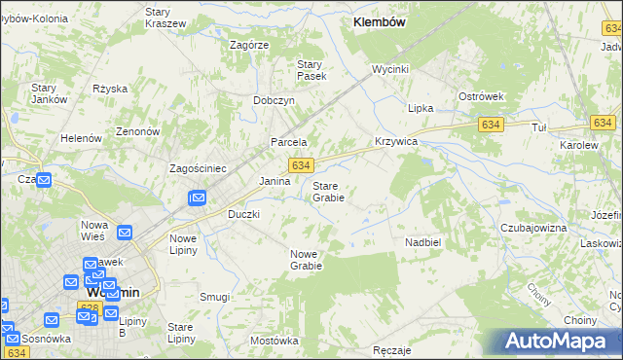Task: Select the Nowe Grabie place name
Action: (x=306, y=259)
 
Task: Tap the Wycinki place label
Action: (x=389, y=69)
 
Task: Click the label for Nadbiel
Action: (x=423, y=241)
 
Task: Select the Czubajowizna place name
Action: (x=533, y=227)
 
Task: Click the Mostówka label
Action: (x=274, y=341)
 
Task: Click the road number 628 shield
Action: (x=89, y=306)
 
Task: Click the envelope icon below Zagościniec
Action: (x=198, y=198)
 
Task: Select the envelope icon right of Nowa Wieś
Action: (x=125, y=233)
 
